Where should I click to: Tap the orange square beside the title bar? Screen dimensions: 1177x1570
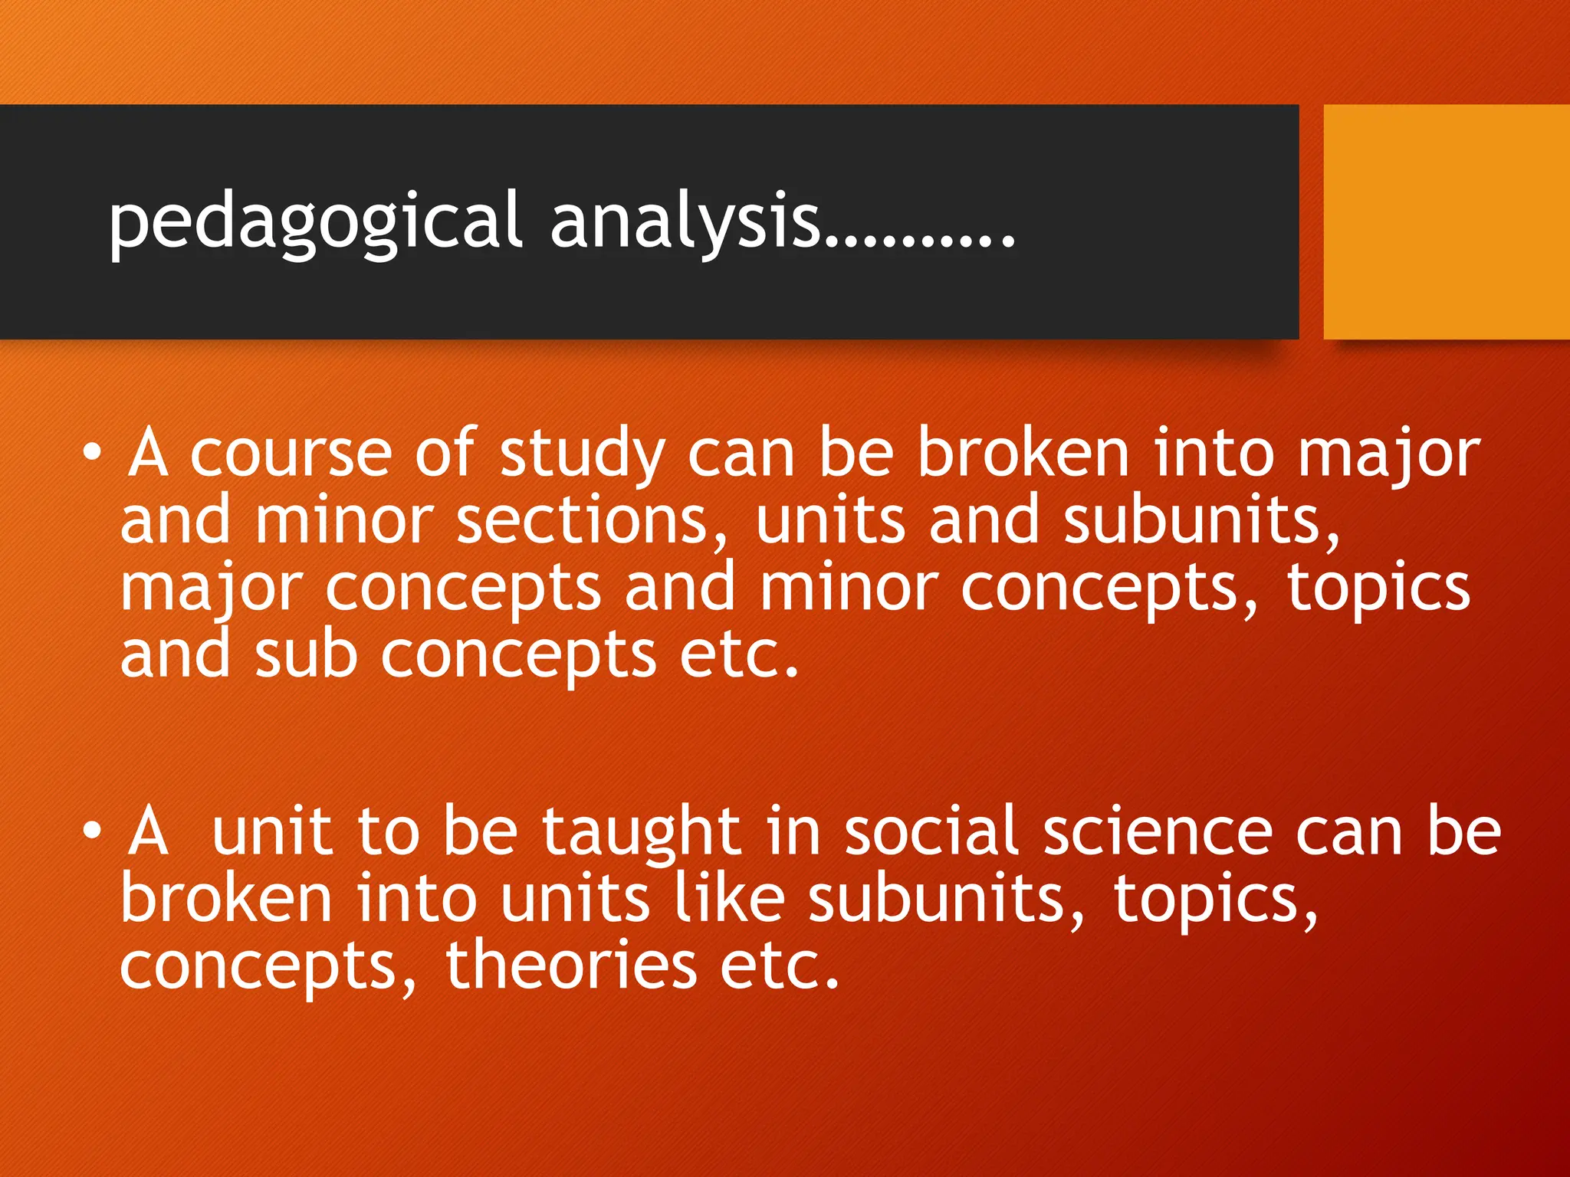1446,221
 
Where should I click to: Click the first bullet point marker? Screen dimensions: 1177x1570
92,454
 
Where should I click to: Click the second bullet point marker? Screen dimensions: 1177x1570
92,831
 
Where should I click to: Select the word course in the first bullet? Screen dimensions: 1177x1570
291,454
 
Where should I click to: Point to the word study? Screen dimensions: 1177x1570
582,455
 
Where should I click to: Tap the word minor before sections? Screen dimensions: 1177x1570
343,521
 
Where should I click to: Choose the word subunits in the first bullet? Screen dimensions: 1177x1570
1200,522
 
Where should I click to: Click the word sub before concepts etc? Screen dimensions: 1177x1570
305,655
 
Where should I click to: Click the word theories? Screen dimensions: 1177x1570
570,966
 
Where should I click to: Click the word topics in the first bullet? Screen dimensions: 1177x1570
1378,588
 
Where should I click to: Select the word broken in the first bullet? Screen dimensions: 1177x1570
1023,454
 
